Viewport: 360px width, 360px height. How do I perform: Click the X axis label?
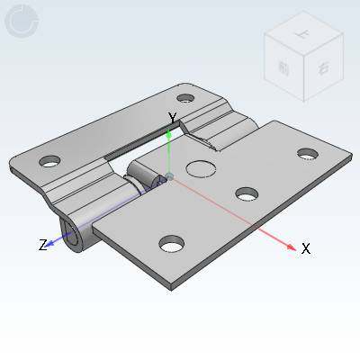tap(306, 248)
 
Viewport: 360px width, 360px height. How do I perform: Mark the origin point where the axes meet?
tap(170, 174)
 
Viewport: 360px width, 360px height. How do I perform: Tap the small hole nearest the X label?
tap(309, 154)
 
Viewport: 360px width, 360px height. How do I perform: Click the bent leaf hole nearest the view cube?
tap(185, 98)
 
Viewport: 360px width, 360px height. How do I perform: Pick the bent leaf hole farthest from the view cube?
tap(49, 162)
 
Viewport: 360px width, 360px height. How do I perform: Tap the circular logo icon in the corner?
tap(22, 22)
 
